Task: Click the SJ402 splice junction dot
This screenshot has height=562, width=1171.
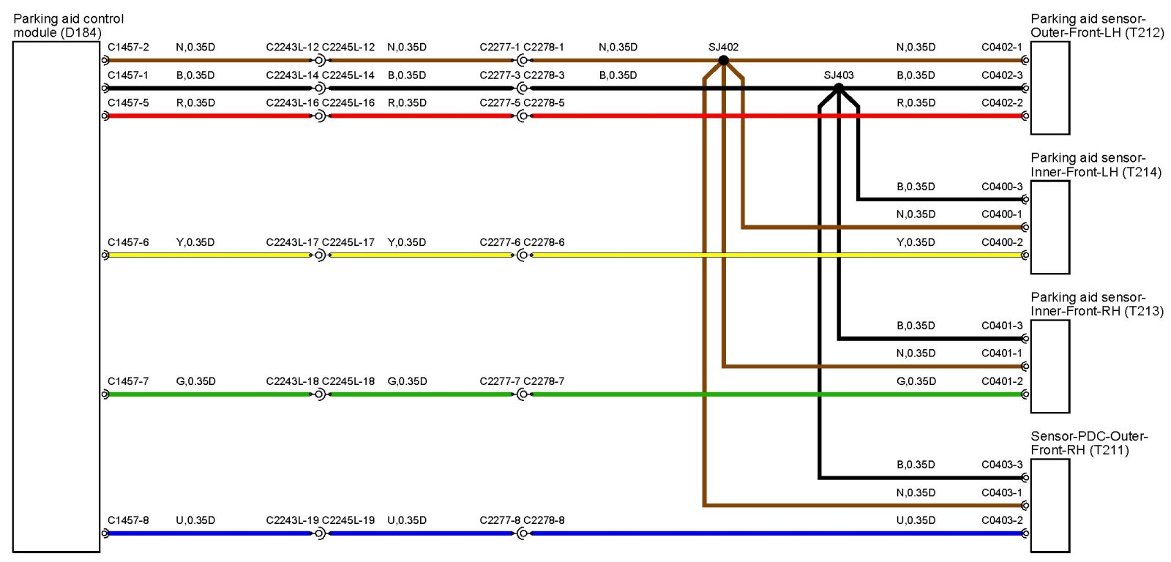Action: tap(723, 61)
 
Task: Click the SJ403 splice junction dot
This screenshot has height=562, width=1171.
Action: tap(839, 88)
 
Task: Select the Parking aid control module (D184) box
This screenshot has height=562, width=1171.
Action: tap(56, 296)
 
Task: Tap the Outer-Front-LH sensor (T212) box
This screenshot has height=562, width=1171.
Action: tap(1050, 88)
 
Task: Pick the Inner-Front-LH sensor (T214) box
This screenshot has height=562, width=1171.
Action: tap(1050, 227)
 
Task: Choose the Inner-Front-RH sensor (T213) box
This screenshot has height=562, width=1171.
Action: tap(1050, 366)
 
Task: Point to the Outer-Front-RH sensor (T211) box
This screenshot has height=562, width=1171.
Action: tap(1050, 505)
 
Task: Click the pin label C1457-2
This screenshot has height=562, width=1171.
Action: tap(128, 48)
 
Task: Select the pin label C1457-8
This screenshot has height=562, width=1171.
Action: tap(128, 520)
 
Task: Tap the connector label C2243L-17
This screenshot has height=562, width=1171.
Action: tap(292, 242)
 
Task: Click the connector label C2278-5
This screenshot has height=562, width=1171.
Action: tap(544, 103)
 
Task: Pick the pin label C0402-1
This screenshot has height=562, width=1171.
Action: tap(1002, 48)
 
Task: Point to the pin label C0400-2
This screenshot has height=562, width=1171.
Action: tap(1002, 242)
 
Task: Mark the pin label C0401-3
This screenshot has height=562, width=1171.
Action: tap(1002, 326)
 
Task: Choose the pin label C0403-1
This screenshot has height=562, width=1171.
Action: tap(1002, 492)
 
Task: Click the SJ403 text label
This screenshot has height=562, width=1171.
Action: tap(839, 75)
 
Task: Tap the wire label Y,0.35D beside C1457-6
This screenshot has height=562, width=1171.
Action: tap(195, 242)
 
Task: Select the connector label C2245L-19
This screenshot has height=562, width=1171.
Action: tap(348, 520)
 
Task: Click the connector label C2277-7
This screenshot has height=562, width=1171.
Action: tap(500, 381)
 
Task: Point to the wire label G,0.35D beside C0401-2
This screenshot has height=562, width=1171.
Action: tap(916, 381)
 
